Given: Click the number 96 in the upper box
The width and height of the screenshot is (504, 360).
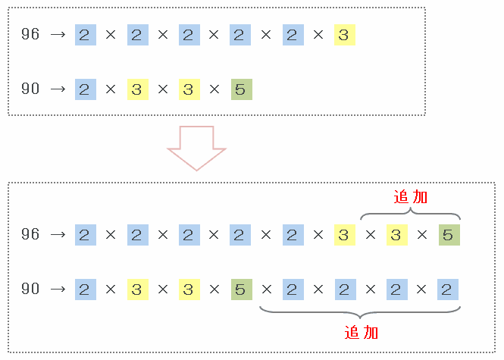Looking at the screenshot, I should pos(30,35).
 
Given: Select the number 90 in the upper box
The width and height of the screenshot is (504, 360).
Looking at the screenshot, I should pos(30,89).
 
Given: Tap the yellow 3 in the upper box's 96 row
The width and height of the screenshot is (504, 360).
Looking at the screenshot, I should pos(344,35).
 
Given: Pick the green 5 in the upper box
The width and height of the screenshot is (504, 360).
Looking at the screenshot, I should pos(241,89).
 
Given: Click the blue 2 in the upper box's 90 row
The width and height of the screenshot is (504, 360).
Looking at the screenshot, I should pos(85,89).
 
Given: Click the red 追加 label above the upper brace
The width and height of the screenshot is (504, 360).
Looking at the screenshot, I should pos(411,197).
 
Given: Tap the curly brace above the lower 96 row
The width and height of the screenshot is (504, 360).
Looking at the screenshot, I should pos(411,214).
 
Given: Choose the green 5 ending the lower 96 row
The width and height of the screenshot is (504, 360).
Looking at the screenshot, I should pos(449,235).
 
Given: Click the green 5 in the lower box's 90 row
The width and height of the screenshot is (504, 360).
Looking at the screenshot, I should pos(241,290).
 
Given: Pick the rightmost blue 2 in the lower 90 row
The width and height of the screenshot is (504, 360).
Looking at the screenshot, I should pos(449,290).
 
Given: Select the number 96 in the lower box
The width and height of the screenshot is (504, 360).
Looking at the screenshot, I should pos(30,235).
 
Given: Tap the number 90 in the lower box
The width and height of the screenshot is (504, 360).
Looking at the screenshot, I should pos(30,290).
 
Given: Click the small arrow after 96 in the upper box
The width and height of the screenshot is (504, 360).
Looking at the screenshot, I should pos(58,35).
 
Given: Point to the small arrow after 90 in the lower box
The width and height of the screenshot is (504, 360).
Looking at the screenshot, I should pos(58,290).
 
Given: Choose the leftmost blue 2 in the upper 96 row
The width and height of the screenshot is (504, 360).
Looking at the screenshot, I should pos(85,35).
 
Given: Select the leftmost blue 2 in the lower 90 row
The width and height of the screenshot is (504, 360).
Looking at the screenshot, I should pos(85,290).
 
